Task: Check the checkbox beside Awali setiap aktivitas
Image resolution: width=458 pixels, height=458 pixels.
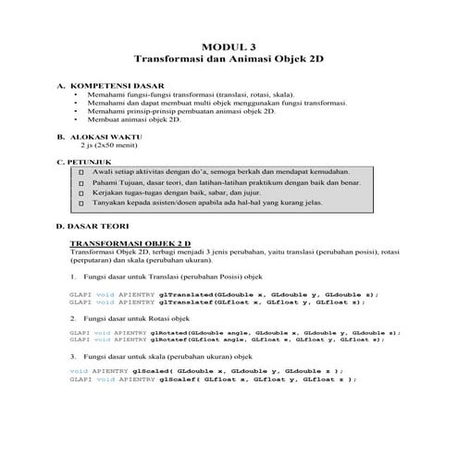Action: (x=83, y=173)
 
